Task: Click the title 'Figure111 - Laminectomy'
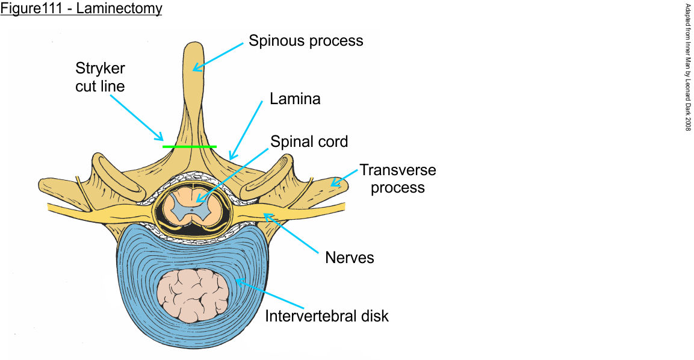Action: (81, 10)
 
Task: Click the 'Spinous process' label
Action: (306, 41)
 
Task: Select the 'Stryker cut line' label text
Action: (100, 77)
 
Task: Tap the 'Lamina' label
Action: (294, 99)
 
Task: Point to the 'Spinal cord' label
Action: (309, 142)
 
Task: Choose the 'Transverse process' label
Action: (397, 178)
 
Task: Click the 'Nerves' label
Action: (349, 258)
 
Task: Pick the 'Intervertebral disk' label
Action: (327, 315)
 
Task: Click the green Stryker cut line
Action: (189, 146)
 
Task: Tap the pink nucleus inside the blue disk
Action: (193, 295)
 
